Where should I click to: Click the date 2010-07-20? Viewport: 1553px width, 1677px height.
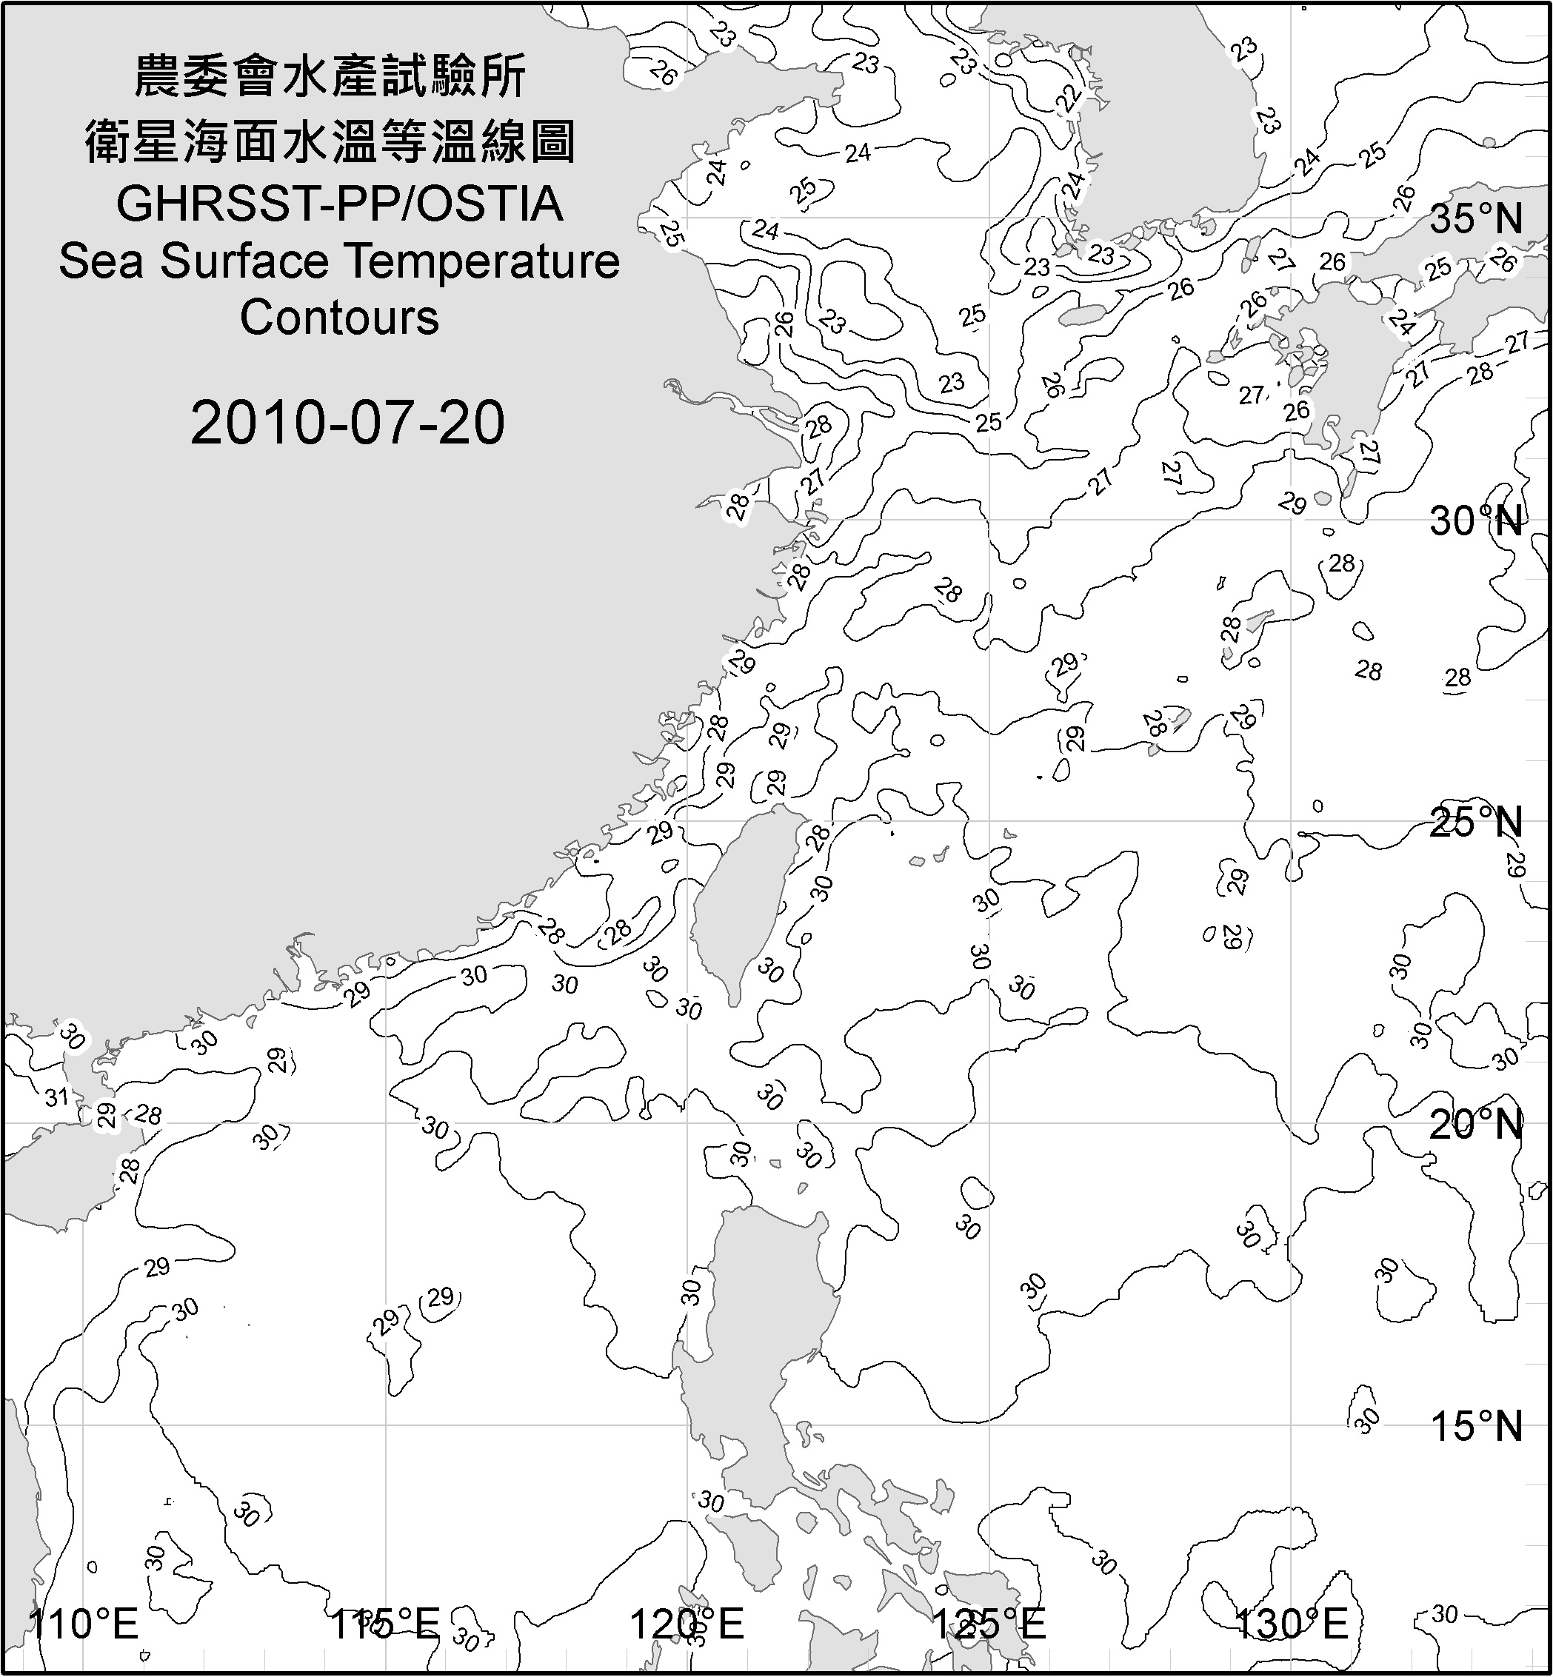point(347,423)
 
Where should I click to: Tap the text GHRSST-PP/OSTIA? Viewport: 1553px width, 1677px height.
point(339,204)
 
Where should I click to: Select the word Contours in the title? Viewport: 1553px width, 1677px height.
point(339,318)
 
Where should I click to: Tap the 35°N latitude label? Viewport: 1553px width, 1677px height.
point(1476,219)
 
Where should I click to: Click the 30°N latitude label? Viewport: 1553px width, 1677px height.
point(1476,522)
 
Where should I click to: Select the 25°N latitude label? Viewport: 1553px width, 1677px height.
point(1476,823)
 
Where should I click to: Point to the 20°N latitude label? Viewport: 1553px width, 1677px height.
point(1476,1124)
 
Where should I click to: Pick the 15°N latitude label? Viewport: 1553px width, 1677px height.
point(1476,1427)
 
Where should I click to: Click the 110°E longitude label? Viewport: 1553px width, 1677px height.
point(83,1623)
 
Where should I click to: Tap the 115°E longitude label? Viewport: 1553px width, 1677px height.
point(385,1623)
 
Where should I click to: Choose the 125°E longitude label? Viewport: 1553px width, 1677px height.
point(989,1623)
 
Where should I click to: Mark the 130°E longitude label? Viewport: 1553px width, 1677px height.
point(1291,1623)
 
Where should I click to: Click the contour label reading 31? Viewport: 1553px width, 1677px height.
point(56,1097)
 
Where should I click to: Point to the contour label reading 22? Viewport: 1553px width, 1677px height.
point(1068,99)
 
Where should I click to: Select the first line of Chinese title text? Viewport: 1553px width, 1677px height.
point(330,76)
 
